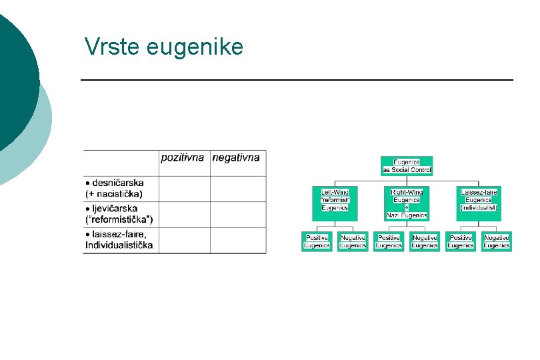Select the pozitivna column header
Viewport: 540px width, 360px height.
pyautogui.click(x=183, y=158)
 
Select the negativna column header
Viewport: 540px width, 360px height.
pyautogui.click(x=235, y=158)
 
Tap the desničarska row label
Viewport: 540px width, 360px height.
pyautogui.click(x=115, y=188)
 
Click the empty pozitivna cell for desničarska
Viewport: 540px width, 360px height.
pyautogui.click(x=185, y=189)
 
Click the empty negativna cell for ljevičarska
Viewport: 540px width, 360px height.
pyautogui.click(x=238, y=214)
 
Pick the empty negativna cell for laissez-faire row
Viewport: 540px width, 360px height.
pyautogui.click(x=238, y=240)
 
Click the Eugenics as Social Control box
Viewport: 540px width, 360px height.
pyautogui.click(x=407, y=166)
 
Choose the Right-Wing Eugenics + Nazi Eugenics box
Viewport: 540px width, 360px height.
pyautogui.click(x=407, y=203)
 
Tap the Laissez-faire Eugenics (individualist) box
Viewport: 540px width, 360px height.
pyautogui.click(x=479, y=199)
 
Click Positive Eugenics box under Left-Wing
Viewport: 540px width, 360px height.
pyautogui.click(x=317, y=241)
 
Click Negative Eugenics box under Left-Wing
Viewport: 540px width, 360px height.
pyautogui.click(x=353, y=241)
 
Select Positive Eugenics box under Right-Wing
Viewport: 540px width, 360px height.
pyautogui.click(x=389, y=241)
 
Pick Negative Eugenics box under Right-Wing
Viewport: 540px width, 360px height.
pyautogui.click(x=425, y=241)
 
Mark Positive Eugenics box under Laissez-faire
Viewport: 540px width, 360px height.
pyautogui.click(x=461, y=241)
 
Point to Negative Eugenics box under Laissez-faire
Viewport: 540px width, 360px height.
pyautogui.click(x=497, y=241)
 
